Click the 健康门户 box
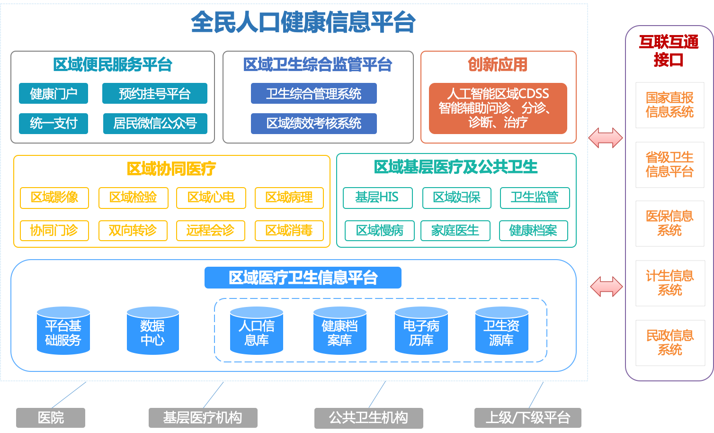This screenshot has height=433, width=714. point(54,93)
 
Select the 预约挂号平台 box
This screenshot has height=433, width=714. point(155,93)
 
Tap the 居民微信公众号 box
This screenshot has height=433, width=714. point(155,123)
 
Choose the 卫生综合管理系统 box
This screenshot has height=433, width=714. point(313,93)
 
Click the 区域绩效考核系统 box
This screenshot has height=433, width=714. point(313,123)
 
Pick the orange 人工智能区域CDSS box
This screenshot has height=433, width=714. point(498,108)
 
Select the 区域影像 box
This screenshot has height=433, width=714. point(54,198)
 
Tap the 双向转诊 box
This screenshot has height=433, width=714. point(133,231)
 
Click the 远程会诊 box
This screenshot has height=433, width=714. point(210,231)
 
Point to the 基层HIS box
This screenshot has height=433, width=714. point(377,198)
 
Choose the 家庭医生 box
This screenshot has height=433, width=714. point(455,231)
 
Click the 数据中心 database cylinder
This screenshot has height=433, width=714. point(152,331)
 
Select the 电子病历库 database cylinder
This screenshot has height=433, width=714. point(421,331)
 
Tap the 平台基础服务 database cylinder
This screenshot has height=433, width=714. point(63,331)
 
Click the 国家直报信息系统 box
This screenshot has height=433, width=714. point(669,105)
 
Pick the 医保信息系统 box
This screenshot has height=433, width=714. point(669,224)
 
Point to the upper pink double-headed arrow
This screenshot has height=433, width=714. point(606,138)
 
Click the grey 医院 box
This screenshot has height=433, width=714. point(51,417)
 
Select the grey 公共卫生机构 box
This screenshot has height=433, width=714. point(368,417)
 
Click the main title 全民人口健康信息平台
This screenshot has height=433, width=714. point(303,22)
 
